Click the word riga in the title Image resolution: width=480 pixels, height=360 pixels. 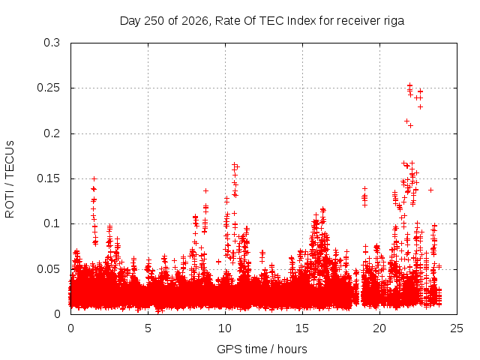394,22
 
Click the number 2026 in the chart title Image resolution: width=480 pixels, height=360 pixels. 194,21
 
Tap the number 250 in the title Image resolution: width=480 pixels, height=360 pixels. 154,21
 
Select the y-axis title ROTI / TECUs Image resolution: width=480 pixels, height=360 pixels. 10,179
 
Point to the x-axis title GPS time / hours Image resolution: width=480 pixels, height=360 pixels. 262,349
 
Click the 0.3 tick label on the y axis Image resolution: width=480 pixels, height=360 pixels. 52,43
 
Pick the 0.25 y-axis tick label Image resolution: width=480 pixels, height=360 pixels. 48,88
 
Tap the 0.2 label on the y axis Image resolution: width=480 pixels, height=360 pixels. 52,133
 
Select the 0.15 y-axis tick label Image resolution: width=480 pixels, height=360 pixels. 48,178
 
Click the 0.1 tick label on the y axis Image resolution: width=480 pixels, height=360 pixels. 52,223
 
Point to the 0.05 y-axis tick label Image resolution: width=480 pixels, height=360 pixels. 48,269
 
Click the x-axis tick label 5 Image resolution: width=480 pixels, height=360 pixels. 148,328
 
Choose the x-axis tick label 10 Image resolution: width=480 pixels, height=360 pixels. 225,328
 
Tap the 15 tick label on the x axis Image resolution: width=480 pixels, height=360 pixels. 302,328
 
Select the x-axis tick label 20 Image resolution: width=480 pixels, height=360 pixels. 379,328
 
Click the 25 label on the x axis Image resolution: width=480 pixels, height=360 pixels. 457,328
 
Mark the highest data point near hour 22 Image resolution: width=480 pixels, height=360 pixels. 410,85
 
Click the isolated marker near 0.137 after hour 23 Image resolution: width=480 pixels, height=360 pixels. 430,190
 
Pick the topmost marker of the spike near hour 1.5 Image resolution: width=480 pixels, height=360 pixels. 94,178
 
